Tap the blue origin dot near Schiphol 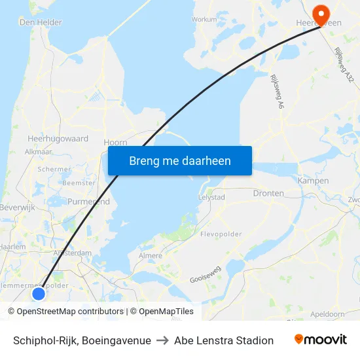39,294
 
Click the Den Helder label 41,22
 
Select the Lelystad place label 211,197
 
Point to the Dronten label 268,193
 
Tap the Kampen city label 313,181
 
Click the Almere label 151,255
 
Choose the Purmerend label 89,202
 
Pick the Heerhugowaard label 58,139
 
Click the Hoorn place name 115,141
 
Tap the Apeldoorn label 327,314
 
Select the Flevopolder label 220,234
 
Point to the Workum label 204,20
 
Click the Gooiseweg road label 206,274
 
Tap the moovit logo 320,340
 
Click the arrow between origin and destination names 162,340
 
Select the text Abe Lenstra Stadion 224,340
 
